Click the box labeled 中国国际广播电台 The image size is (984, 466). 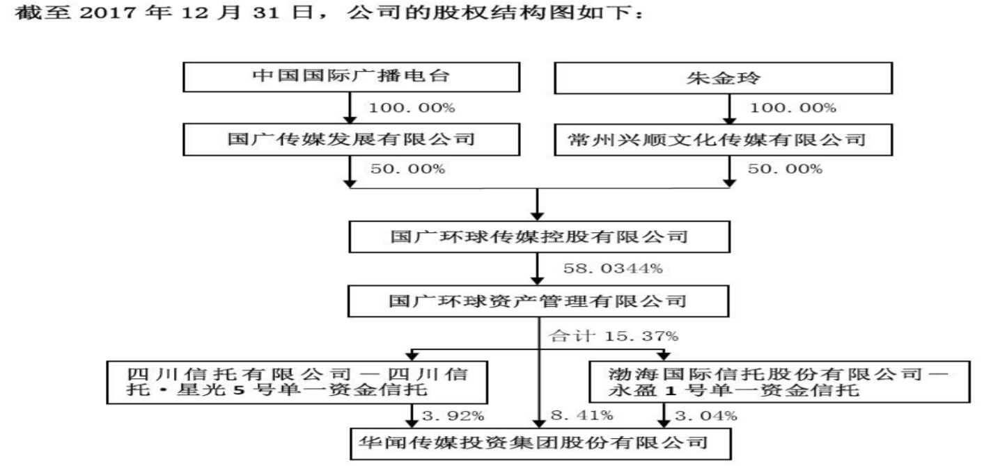(x=352, y=77)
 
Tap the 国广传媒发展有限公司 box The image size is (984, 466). (x=352, y=139)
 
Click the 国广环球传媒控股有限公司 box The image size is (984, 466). (x=538, y=237)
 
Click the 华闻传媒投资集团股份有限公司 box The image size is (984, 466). (x=538, y=442)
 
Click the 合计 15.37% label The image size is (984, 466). (x=613, y=336)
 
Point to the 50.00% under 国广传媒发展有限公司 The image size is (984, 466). (x=407, y=170)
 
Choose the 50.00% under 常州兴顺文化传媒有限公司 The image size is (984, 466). (x=784, y=170)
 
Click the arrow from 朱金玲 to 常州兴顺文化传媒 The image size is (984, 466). (x=729, y=109)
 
